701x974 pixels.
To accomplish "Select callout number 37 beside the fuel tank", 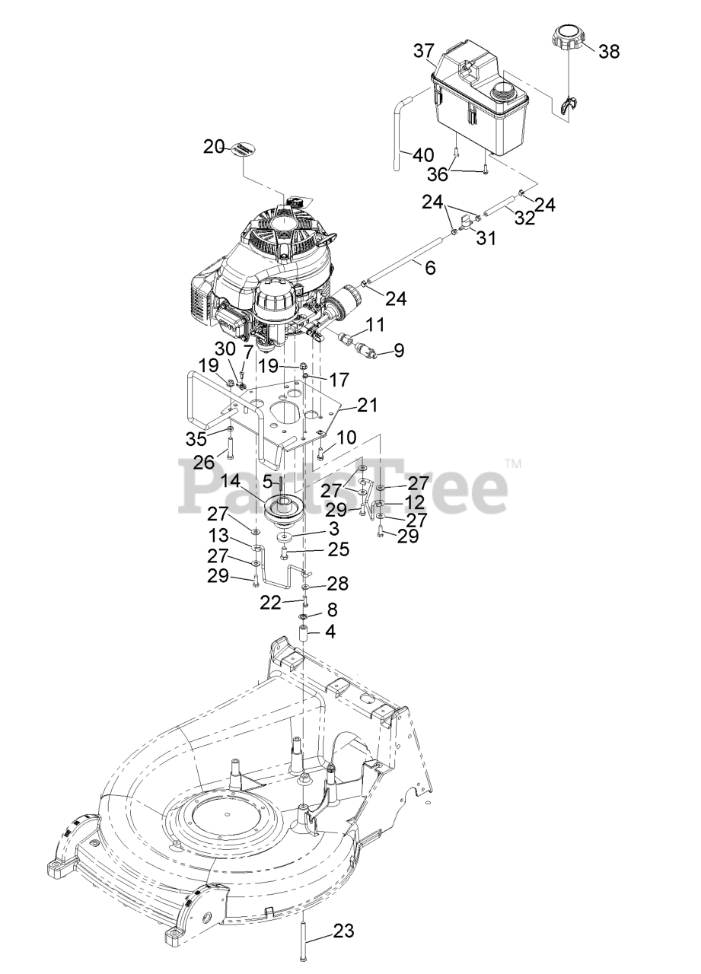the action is coord(424,51).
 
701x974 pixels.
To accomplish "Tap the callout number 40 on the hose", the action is coord(423,155).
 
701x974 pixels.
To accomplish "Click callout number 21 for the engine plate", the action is coord(368,405).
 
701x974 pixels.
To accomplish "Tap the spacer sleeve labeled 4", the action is coord(303,632).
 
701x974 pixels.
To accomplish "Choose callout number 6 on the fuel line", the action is coord(430,268).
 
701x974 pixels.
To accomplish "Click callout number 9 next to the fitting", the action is coord(399,352).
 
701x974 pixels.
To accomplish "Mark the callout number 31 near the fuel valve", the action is coord(486,238).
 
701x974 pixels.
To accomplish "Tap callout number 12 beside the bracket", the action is coord(415,501).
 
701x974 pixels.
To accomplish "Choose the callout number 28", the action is coord(337,584).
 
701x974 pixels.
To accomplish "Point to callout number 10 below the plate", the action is coord(347,438).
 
